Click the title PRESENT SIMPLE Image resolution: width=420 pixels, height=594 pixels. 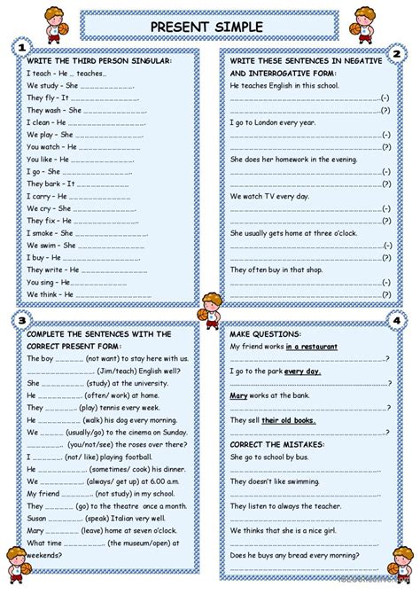210,26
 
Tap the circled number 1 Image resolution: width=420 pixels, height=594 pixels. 20,47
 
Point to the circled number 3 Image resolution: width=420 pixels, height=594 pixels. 19,319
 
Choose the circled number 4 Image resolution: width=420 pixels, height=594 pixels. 397,319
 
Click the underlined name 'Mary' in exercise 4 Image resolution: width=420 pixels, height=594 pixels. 238,395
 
